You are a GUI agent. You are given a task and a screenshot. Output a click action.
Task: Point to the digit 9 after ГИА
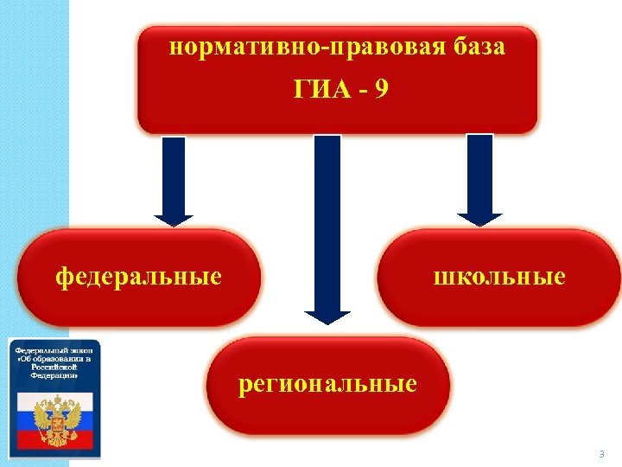382,90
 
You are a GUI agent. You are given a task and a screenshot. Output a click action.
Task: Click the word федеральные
138,277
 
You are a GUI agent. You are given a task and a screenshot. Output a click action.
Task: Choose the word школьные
499,277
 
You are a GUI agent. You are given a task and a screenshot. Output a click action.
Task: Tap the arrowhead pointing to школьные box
479,218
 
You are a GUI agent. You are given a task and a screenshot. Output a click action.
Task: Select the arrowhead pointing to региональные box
327,316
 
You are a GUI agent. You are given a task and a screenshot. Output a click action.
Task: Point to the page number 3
601,454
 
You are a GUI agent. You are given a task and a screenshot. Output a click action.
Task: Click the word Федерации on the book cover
54,377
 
